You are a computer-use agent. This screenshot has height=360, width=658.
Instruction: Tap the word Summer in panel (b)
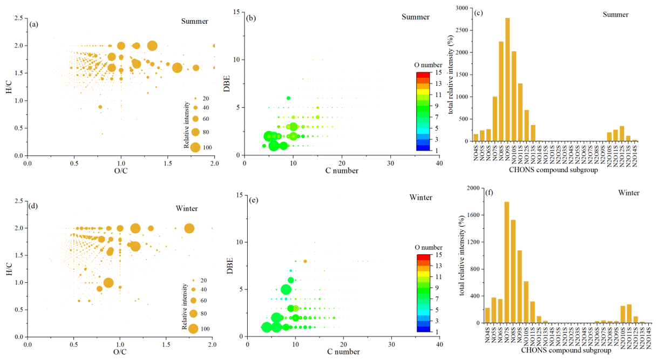click(x=415, y=17)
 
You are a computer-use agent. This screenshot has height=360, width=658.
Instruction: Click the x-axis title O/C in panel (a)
click(x=121, y=172)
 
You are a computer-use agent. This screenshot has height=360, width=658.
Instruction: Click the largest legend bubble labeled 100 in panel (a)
click(x=195, y=147)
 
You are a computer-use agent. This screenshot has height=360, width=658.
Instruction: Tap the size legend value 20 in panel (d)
click(x=205, y=280)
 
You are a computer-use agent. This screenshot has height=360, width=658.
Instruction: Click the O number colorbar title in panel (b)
click(x=429, y=65)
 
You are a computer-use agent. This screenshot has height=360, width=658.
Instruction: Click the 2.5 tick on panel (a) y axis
click(x=18, y=19)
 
